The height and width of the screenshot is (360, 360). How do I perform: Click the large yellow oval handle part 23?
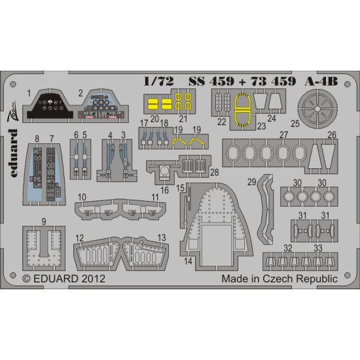tap(243, 108)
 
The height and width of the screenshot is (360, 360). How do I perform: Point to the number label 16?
tap(165, 190)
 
